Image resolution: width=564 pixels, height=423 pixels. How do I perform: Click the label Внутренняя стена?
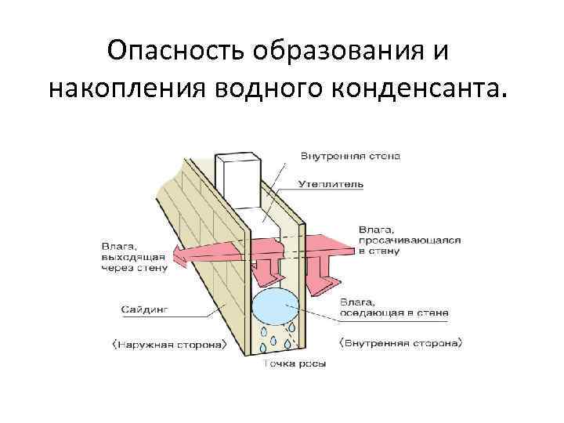point(350,156)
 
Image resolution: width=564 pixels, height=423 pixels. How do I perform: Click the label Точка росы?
point(294,363)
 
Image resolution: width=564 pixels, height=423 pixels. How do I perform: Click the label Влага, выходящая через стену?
point(133,256)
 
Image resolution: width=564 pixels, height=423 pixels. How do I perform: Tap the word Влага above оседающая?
point(358,302)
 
